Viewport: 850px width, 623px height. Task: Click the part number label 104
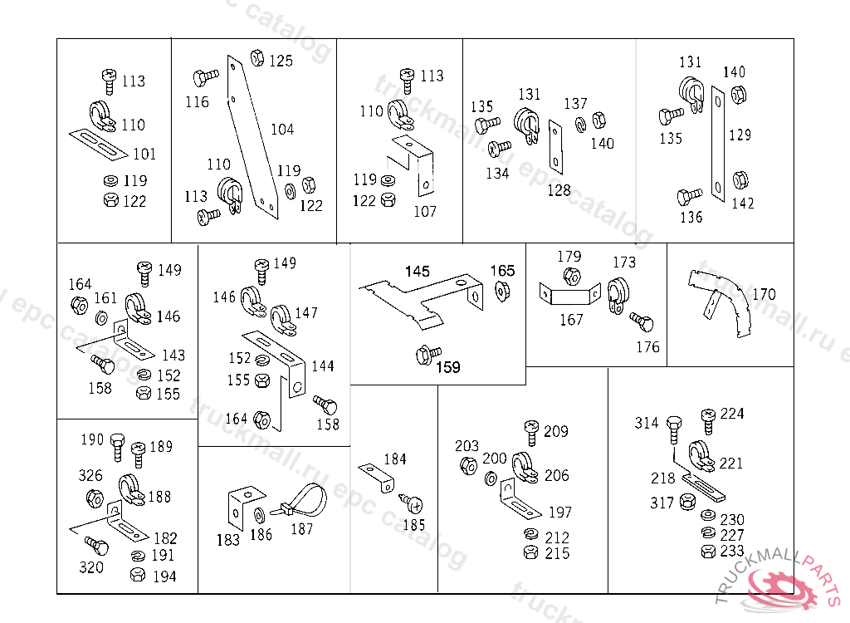282,130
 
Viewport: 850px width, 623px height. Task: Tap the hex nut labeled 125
257,58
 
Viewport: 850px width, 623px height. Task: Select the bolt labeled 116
204,78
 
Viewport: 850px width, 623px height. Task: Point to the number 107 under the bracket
424,212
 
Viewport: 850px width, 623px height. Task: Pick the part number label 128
559,190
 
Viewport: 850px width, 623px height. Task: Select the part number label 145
418,272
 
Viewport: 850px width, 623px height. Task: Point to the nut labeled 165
501,289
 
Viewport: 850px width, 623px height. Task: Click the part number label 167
571,319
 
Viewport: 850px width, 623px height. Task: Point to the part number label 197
559,513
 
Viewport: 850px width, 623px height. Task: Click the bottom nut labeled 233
707,552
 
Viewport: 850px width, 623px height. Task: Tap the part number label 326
90,475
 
